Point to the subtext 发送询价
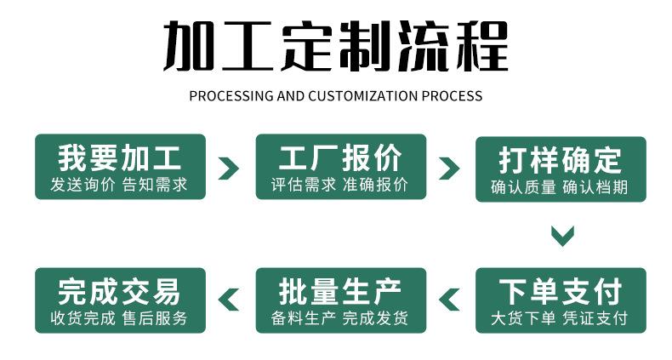[x=83, y=185]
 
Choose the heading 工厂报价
[x=340, y=158]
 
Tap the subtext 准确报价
[x=375, y=185]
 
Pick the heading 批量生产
[x=340, y=292]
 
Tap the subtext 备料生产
[x=304, y=319]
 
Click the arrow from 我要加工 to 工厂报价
[x=228, y=168]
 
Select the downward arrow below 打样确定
[x=561, y=235]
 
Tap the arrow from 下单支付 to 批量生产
[x=449, y=300]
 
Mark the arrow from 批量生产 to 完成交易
[x=229, y=300]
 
